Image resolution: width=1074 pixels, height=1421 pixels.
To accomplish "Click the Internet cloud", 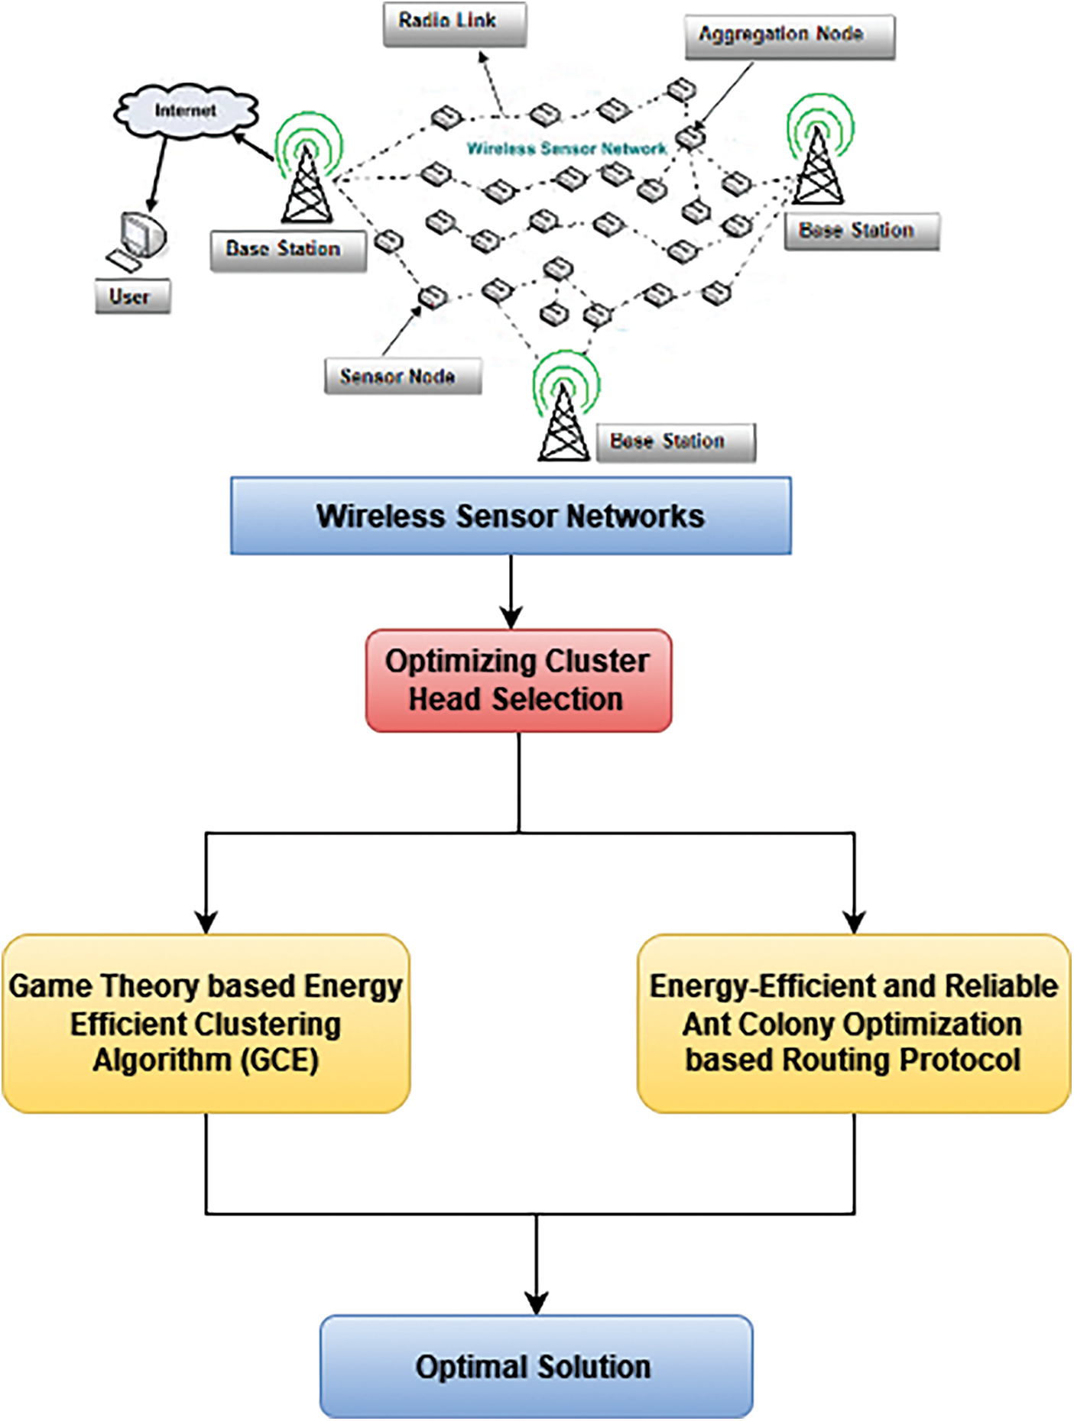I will (186, 112).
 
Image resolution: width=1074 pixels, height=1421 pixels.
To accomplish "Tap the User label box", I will (132, 296).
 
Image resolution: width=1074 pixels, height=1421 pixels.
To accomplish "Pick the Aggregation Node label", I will (789, 37).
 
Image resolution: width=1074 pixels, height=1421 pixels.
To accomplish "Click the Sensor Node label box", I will (403, 377).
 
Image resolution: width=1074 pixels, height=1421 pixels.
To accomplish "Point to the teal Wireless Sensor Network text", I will (566, 148).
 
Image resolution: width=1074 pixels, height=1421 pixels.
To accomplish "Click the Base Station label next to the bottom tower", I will (675, 442).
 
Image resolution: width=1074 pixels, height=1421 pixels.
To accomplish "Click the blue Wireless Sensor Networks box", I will (511, 516).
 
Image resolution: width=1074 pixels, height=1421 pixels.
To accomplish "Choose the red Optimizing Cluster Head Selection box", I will (518, 680).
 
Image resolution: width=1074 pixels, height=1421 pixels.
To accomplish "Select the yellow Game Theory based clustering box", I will (206, 1023).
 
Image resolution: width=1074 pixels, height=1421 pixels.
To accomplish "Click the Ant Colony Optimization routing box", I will (853, 1023).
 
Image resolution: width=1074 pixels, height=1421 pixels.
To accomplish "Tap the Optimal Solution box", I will (536, 1366).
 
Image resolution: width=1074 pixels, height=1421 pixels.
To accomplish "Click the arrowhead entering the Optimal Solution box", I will (536, 1303).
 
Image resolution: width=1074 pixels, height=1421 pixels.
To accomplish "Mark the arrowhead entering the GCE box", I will (206, 922).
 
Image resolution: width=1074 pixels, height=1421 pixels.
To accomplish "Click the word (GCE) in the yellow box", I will (281, 1060).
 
